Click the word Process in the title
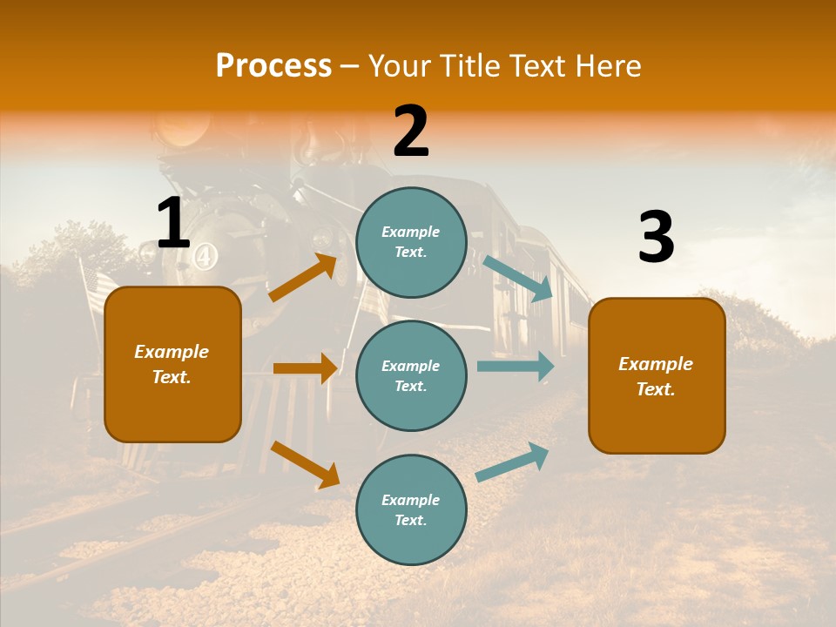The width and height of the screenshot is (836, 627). tap(273, 66)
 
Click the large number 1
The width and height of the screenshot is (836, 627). tap(172, 223)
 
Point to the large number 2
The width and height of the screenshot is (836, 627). tap(411, 131)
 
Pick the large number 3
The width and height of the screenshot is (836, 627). tap(656, 239)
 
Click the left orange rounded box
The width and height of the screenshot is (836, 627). tap(172, 364)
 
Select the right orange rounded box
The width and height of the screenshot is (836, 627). tap(657, 375)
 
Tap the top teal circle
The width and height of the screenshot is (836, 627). tap(411, 242)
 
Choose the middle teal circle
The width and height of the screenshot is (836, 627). tap(411, 375)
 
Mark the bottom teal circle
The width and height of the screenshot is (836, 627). tap(411, 509)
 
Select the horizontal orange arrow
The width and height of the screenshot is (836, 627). tap(305, 368)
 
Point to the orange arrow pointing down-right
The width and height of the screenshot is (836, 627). tap(305, 464)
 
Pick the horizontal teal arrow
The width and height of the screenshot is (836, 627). tap(515, 366)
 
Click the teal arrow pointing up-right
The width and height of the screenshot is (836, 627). tap(513, 462)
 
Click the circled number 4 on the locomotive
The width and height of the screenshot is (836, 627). tap(206, 256)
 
